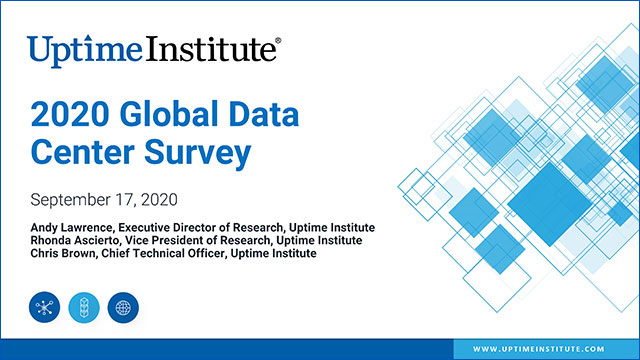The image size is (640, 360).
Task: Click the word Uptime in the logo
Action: pyautogui.click(x=79, y=49)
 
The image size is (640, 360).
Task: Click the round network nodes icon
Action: pyautogui.click(x=44, y=307)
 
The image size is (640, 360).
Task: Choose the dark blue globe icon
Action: pyautogui.click(x=124, y=307)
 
